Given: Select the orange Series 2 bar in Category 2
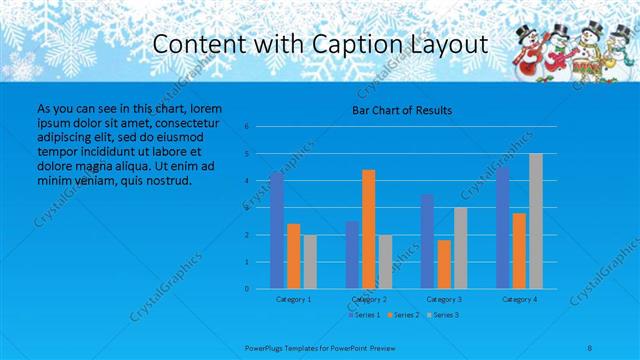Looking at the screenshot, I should pos(368,229).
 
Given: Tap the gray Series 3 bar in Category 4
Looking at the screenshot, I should pos(535,221).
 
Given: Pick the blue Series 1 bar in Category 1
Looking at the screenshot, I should pos(277,230).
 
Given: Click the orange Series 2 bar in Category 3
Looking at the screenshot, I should pos(443,264).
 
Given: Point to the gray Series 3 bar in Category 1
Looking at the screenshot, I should pos(310,261).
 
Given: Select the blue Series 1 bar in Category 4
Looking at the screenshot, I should pos(503,228).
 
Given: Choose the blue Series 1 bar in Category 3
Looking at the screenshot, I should pos(427,241).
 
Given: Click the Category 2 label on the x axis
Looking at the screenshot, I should pos(369,299).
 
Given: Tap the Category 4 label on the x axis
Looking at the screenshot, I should pos(519,299).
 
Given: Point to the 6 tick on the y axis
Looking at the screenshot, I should pos(246,127).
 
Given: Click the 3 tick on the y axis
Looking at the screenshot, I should pos(246,208).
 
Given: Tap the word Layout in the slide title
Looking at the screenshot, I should pos(452,44).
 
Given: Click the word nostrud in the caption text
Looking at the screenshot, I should pos(166,181).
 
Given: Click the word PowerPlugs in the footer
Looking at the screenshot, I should pos(267,348).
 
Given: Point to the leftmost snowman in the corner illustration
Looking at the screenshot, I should pos(527,60).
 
